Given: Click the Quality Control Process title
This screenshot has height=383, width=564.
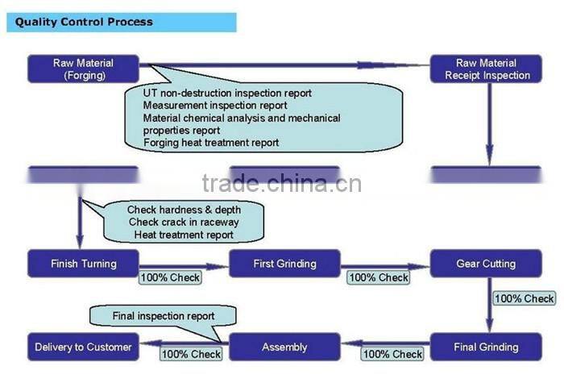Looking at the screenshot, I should (84, 22).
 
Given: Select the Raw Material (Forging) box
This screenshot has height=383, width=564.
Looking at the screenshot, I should (83, 69).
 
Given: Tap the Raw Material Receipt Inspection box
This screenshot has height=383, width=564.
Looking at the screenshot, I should (487, 69).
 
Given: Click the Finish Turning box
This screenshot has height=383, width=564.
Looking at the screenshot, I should (83, 264).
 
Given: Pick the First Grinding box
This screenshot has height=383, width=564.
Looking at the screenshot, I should (284, 264).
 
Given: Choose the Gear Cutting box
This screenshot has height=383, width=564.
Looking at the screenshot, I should (486, 264).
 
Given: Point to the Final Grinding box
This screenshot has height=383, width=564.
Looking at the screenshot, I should (486, 348).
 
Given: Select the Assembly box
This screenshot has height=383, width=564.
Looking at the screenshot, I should (284, 348).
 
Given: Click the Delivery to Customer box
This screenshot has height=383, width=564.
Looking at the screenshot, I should (83, 348).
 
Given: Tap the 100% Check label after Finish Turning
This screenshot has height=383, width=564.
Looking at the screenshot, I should (170, 277).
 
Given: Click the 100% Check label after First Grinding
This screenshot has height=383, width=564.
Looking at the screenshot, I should (379, 277).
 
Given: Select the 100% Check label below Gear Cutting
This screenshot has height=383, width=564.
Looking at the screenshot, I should (524, 298).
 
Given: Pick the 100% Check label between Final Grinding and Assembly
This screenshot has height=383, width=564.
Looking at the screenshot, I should (392, 354).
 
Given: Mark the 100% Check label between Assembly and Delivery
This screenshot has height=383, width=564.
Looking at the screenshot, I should (191, 354).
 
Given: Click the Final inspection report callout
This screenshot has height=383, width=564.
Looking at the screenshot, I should (164, 316).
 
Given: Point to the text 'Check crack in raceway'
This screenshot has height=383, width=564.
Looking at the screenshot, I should (183, 223).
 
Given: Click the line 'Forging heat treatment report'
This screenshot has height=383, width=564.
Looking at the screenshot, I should (211, 143).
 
